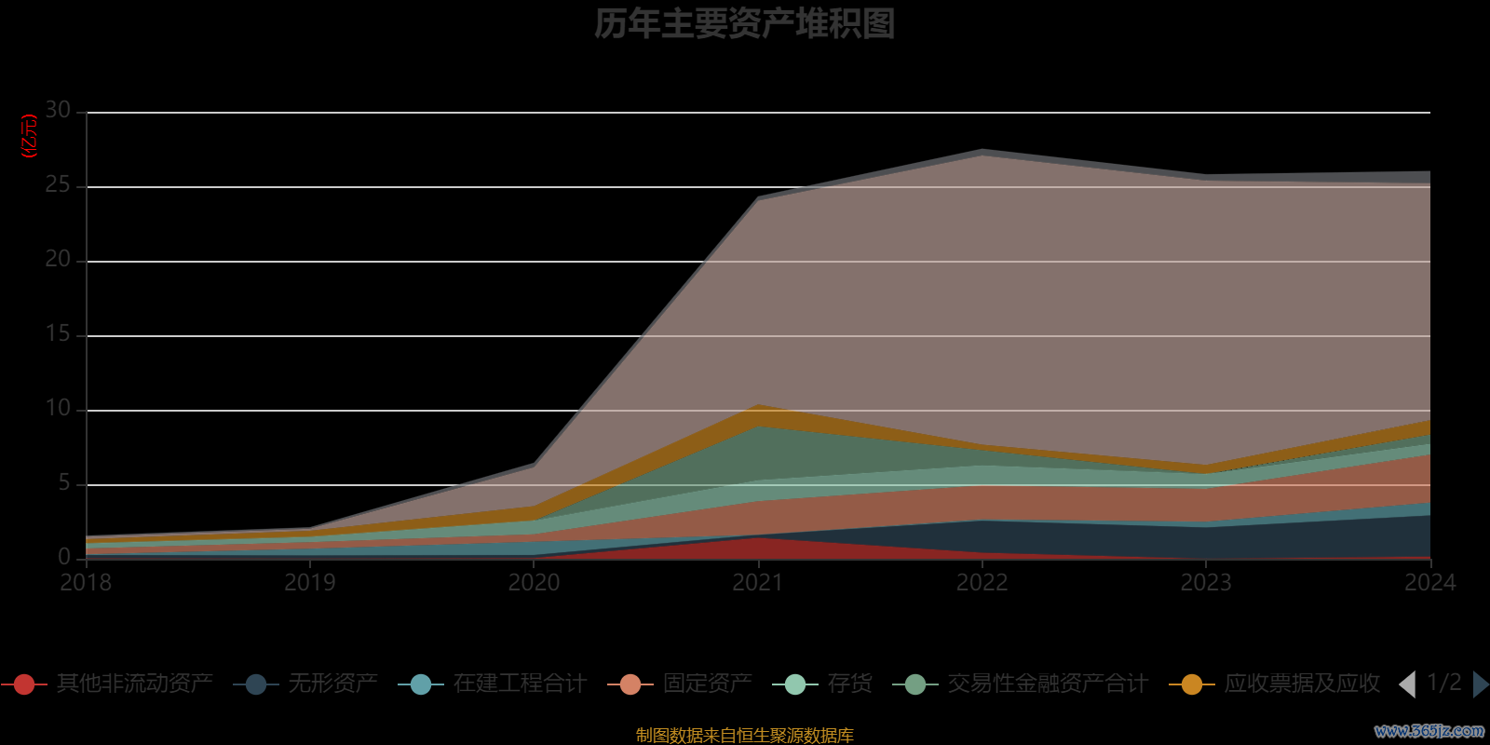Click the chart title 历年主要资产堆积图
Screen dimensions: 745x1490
point(744,24)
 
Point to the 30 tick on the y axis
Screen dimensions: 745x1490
point(58,111)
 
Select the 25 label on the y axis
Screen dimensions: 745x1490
point(58,185)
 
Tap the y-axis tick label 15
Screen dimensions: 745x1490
point(58,334)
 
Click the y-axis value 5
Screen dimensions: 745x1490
point(64,483)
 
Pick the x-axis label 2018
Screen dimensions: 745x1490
point(86,583)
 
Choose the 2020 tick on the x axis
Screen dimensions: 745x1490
point(534,583)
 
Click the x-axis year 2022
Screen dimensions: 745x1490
point(982,583)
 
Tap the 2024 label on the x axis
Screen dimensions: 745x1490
point(1429,583)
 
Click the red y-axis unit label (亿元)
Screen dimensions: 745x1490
point(30,136)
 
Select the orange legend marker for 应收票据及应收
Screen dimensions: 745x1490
point(1191,684)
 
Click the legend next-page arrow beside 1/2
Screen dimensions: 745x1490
point(1481,684)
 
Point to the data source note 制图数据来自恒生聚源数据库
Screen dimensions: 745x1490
point(744,736)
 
